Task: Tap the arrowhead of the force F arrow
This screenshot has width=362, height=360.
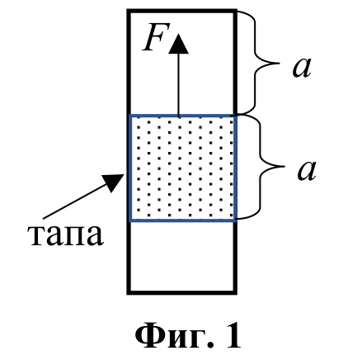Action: coord(178,44)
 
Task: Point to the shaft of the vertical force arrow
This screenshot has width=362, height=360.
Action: coord(178,84)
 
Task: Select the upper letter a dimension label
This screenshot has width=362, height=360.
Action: coord(302,68)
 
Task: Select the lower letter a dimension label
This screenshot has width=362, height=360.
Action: coord(307,171)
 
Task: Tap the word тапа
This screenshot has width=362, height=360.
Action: coord(65,235)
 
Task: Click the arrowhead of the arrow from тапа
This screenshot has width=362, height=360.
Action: coord(113,182)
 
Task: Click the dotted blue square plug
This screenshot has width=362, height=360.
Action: coord(182,168)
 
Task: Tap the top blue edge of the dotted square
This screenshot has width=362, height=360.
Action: coord(182,116)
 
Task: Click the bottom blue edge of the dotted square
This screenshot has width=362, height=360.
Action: coord(182,220)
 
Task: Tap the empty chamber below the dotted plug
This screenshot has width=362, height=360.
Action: coord(182,256)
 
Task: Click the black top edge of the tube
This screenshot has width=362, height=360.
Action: coord(182,11)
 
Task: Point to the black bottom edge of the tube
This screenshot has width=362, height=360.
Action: coord(182,292)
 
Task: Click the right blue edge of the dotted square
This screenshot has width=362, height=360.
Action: coord(235,168)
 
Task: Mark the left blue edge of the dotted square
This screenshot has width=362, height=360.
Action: coord(130,168)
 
